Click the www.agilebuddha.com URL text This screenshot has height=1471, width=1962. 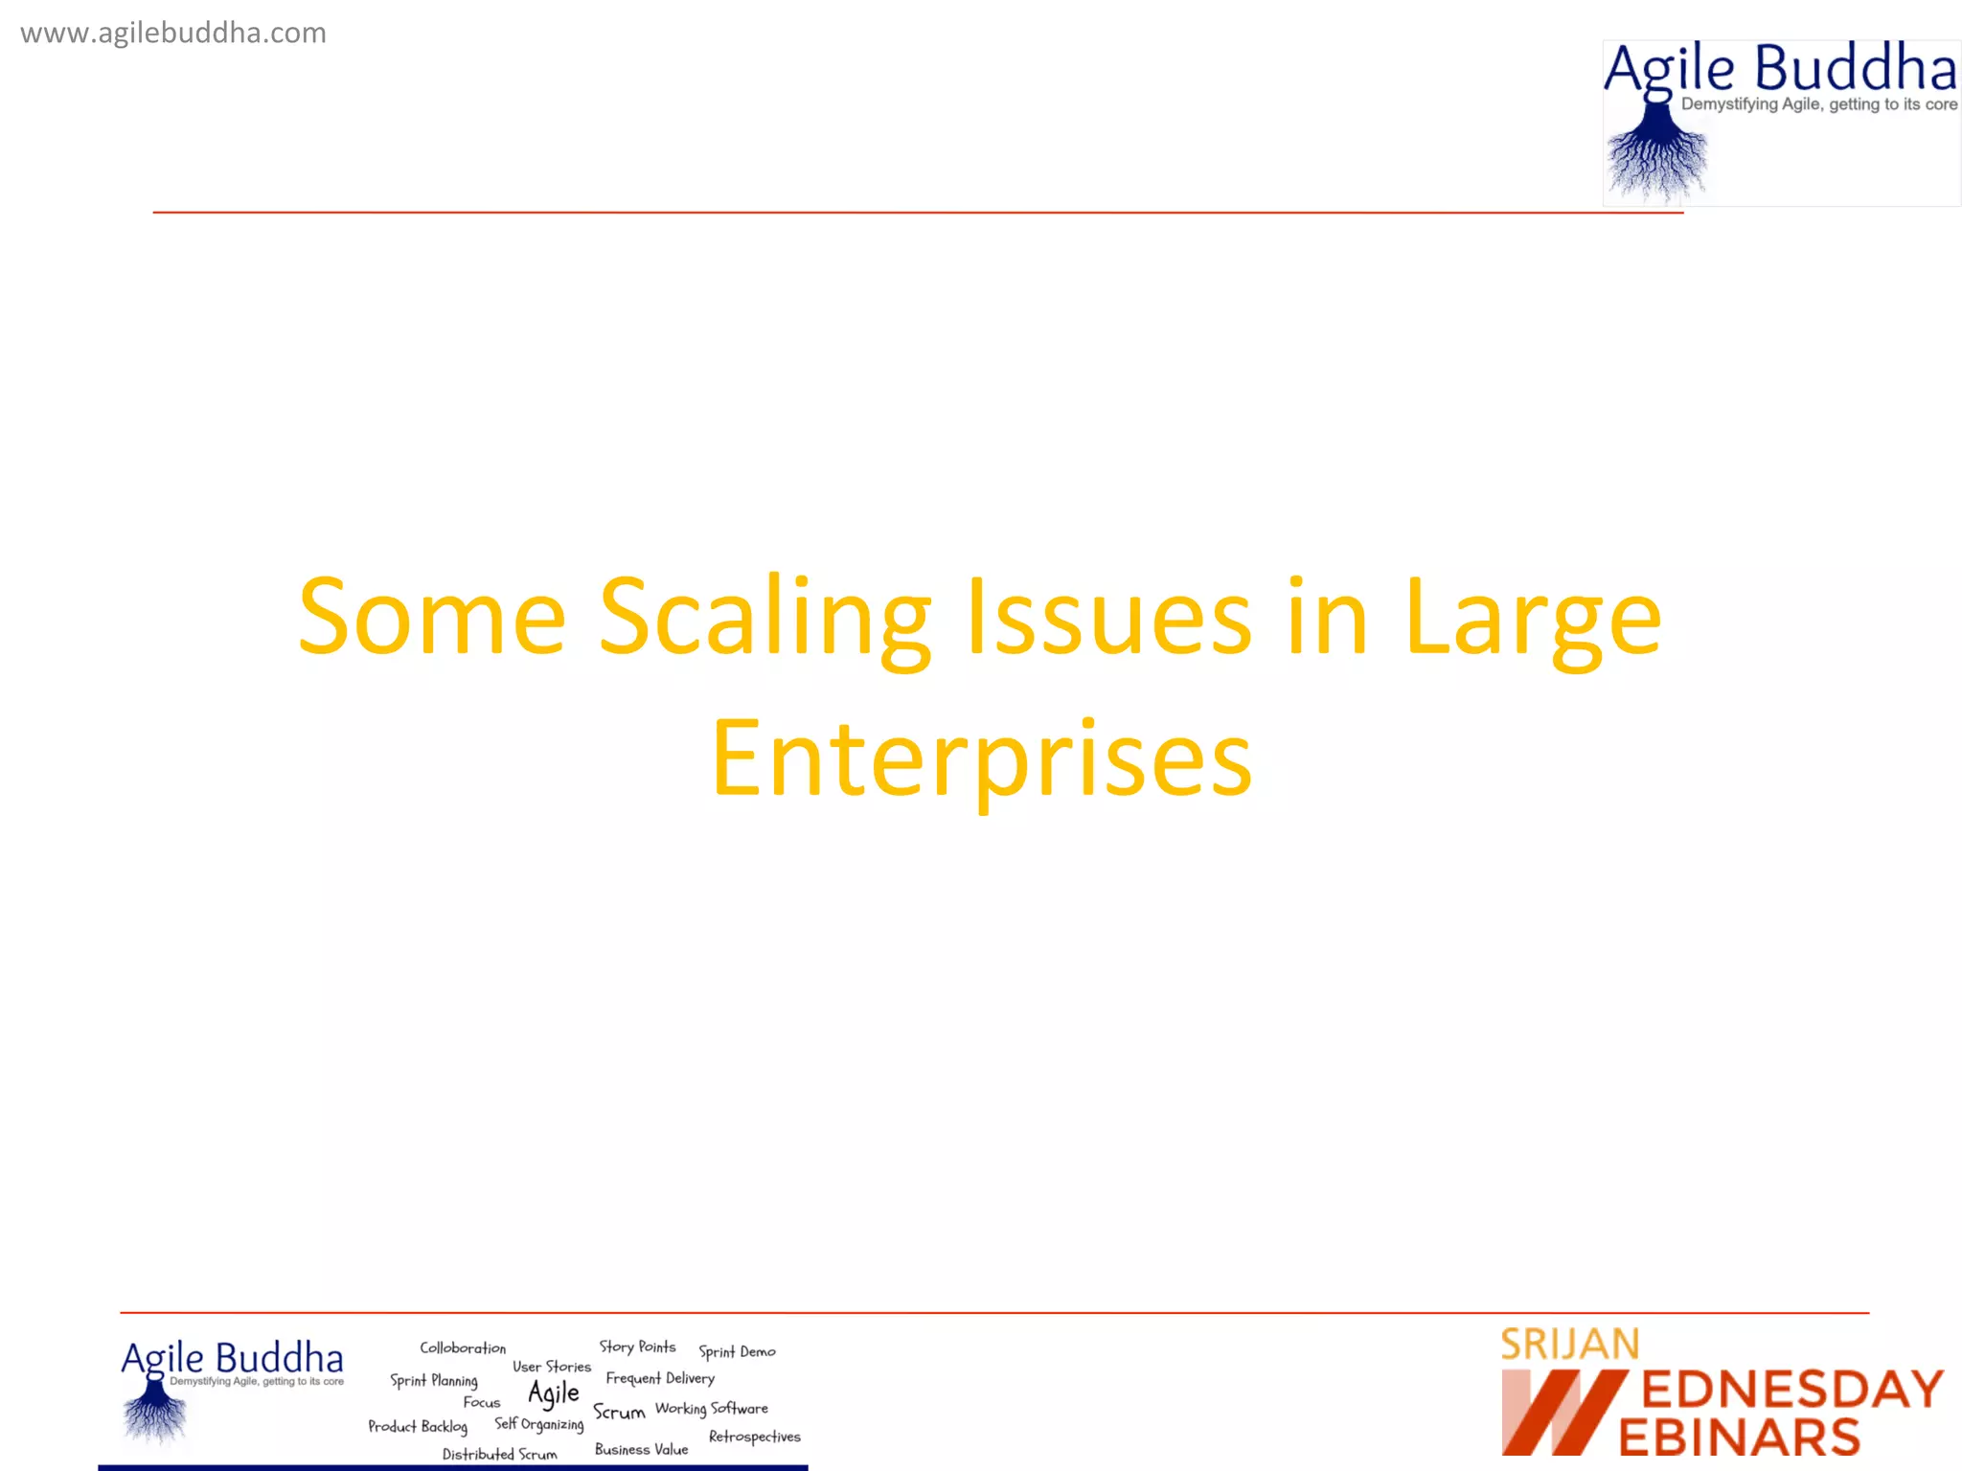tap(173, 34)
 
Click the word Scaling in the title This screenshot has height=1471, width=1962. tap(764, 618)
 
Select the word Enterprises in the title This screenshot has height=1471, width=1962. tap(982, 758)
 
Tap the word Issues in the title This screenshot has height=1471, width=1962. tap(1109, 618)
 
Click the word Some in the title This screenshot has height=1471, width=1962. tap(432, 618)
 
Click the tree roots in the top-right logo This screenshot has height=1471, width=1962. tap(1656, 158)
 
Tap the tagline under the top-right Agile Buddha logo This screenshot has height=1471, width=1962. tap(1818, 104)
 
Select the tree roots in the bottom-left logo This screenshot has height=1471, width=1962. tap(154, 1415)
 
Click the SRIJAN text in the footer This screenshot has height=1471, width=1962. tap(1569, 1345)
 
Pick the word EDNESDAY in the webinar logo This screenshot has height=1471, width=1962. tap(1792, 1390)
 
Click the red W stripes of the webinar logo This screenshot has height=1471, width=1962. tap(1562, 1413)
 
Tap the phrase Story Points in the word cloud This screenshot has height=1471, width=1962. tap(637, 1347)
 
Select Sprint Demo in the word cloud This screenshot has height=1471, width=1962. tap(737, 1351)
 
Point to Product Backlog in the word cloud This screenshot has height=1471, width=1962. tap(418, 1427)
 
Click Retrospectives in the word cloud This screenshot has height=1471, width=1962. tap(754, 1437)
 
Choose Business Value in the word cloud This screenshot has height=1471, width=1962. tap(641, 1449)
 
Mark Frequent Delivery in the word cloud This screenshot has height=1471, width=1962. tap(660, 1378)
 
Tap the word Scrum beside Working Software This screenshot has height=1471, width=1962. tap(619, 1412)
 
